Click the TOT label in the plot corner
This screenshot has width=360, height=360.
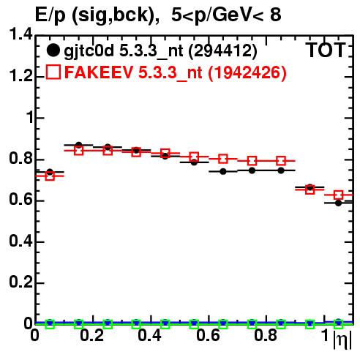[326, 50]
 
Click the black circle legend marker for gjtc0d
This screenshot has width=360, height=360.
[53, 50]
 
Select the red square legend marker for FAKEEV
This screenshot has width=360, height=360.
[53, 72]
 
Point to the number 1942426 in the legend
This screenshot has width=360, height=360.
[247, 72]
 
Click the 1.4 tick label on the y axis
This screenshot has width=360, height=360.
[20, 34]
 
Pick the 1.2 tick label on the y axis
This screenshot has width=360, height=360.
[20, 76]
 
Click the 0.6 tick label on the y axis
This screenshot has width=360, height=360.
[20, 200]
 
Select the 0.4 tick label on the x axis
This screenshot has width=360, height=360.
[149, 335]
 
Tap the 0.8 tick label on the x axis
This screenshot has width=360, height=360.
[266, 335]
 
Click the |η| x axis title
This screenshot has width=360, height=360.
[342, 340]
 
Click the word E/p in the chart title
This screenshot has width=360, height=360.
[50, 15]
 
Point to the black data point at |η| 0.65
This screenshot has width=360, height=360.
[223, 171]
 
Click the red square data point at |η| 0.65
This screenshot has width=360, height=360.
[223, 159]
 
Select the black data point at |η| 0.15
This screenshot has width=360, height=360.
[79, 145]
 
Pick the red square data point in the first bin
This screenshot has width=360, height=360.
[50, 176]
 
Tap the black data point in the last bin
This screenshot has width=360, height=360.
[338, 203]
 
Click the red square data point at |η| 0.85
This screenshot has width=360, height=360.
[281, 161]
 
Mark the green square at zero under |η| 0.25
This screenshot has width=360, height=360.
[108, 324]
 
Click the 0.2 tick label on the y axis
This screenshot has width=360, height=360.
[20, 282]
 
